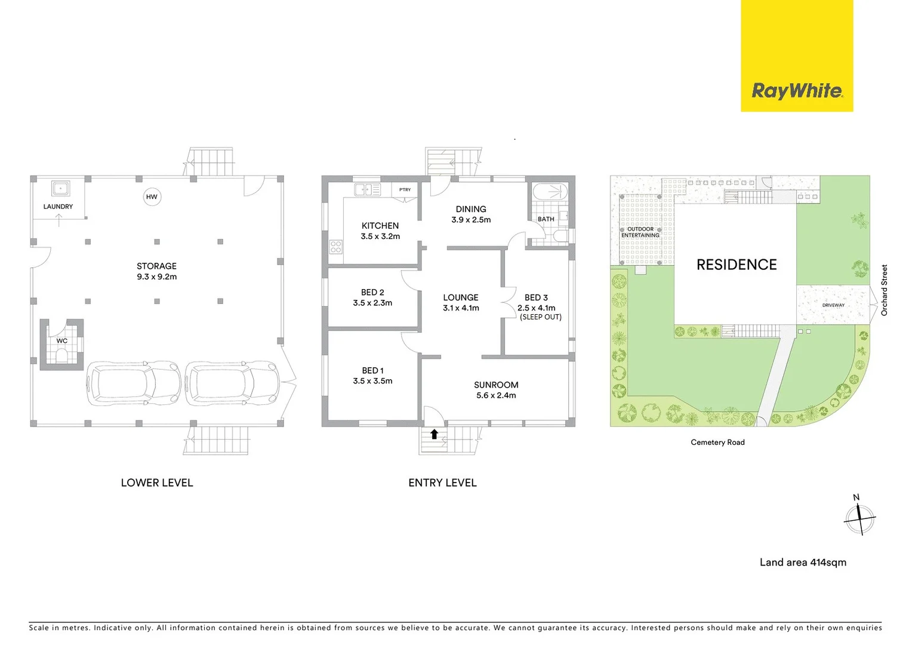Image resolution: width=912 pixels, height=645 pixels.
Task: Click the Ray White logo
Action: coord(797,91)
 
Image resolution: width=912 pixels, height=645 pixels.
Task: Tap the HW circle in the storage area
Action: coord(152,197)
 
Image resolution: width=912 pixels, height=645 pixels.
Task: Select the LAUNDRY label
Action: coord(58,207)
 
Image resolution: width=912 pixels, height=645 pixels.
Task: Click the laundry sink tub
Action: coord(60,189)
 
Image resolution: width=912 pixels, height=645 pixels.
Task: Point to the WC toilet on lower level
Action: coord(62,355)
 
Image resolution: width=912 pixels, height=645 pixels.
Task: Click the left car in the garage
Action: coord(134,383)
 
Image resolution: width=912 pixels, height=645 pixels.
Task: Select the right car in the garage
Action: coord(232,383)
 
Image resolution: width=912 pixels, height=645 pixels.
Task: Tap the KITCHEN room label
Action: coord(380,226)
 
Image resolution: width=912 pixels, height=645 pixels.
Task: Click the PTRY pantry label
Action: coord(405,190)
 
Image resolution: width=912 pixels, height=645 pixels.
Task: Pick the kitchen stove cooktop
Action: coord(335,247)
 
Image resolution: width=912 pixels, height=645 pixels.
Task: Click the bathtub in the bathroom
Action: coord(550,192)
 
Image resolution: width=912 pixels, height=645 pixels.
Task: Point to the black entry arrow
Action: coord(435,434)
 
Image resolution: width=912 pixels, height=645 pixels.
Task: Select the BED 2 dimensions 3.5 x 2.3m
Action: coord(372,303)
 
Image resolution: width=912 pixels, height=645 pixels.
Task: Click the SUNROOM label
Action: coord(496,385)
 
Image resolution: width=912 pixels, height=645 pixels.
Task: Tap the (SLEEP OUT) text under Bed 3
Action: coord(541,317)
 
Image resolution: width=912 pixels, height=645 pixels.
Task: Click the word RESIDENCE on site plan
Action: coord(737,265)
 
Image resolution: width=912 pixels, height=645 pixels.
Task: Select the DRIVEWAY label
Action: coord(833,305)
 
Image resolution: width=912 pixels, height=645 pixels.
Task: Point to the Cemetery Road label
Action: coord(717,443)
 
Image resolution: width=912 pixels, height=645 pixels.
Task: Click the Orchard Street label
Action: coord(885,290)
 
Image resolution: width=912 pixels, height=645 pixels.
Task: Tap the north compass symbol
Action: coord(859,518)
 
